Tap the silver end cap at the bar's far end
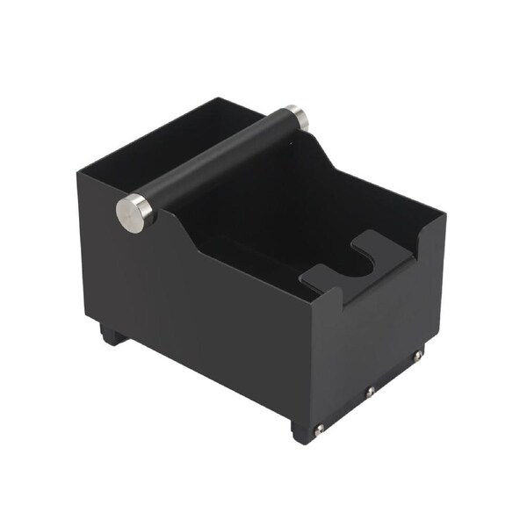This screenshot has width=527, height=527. [296, 114]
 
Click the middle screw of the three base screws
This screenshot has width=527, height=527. [371, 392]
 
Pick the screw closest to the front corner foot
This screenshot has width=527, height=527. [320, 429]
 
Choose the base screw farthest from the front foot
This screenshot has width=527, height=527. [418, 355]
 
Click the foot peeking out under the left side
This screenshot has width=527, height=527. [112, 335]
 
